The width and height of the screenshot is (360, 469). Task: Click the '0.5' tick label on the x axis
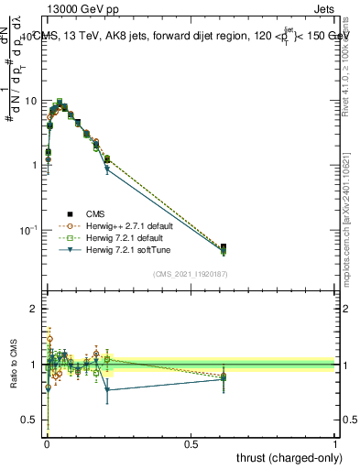[x=191, y=443]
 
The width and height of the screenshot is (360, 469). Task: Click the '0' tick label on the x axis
[x=46, y=443]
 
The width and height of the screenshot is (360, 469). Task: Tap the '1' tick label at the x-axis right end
[x=335, y=443]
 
